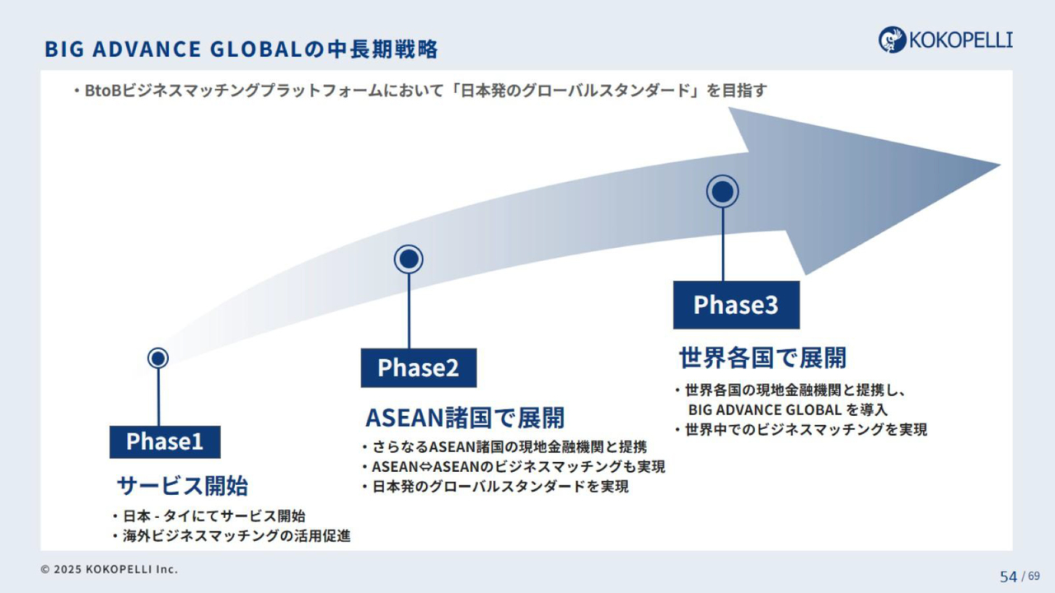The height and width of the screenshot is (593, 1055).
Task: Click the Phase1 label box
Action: pos(165,442)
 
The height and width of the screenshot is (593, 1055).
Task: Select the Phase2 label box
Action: pos(419,368)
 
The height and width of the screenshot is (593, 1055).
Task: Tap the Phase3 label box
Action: pos(736,305)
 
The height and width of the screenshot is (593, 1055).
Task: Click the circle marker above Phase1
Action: pos(157,358)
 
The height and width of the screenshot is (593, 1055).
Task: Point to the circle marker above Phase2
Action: pos(408,259)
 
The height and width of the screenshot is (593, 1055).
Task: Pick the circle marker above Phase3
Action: pos(723,192)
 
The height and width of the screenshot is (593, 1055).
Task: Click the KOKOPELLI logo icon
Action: pos(892,40)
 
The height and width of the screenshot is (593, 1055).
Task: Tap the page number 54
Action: pos(1008,577)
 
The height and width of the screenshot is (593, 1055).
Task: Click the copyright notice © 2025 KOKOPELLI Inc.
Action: pos(110,569)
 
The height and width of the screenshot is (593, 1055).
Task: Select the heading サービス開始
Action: pos(182,486)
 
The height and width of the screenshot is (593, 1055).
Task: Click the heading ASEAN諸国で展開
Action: pos(465,418)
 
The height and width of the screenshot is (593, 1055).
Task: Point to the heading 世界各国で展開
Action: pos(762,357)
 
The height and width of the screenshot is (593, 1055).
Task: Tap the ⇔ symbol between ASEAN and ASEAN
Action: pos(425,467)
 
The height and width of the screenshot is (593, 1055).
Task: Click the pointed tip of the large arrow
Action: pos(1000,166)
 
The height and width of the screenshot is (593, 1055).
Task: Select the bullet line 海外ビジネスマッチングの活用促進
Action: pos(232,536)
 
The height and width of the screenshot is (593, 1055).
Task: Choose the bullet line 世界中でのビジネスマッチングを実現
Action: pos(801,430)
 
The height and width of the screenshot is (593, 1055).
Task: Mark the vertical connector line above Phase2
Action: pos(408,311)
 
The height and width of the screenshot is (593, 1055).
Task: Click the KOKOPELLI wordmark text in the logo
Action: pos(961,40)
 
